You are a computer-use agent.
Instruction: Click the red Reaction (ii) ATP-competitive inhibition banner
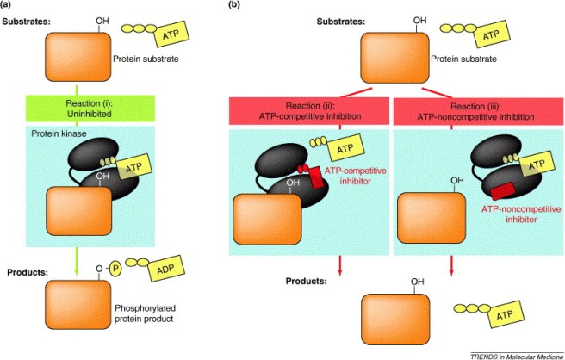pyautogui.click(x=309, y=111)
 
